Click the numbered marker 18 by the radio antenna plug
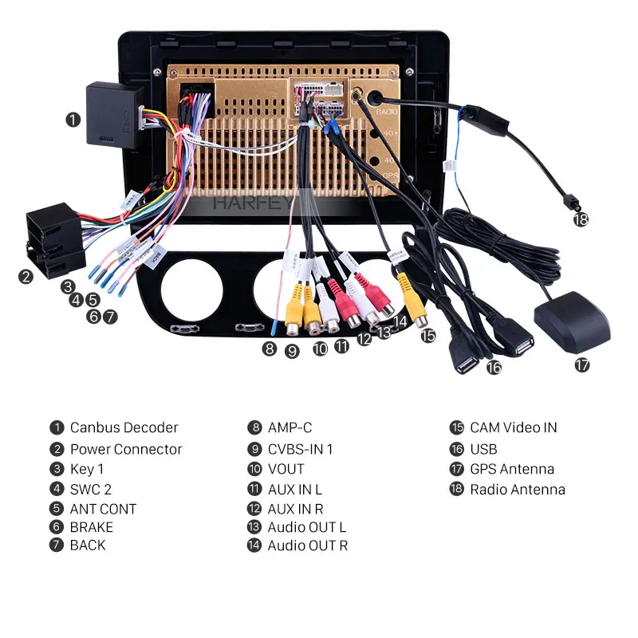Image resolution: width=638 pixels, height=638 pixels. point(581,219)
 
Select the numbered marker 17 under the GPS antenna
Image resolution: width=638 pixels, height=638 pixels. point(582,365)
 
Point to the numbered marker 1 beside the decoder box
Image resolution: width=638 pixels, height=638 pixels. point(73,120)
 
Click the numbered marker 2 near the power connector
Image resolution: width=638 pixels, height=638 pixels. point(26,276)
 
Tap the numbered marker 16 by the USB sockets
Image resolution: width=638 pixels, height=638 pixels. point(494,367)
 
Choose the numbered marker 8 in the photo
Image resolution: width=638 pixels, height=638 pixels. point(270,348)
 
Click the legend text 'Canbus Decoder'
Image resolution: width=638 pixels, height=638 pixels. point(124,427)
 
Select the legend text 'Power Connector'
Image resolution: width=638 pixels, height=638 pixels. point(126,449)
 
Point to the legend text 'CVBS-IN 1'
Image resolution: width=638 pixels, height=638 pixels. point(300,449)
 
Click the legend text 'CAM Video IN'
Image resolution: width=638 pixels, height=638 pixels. point(513,427)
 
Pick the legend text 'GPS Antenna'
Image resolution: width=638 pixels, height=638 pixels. point(512,469)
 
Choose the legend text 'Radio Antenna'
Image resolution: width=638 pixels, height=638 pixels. point(517,490)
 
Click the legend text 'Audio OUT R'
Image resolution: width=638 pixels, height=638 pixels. point(307,545)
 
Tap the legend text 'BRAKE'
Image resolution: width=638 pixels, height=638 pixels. point(91,527)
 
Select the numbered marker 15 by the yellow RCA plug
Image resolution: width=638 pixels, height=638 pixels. point(428,335)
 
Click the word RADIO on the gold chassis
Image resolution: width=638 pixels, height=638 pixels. point(388,112)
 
